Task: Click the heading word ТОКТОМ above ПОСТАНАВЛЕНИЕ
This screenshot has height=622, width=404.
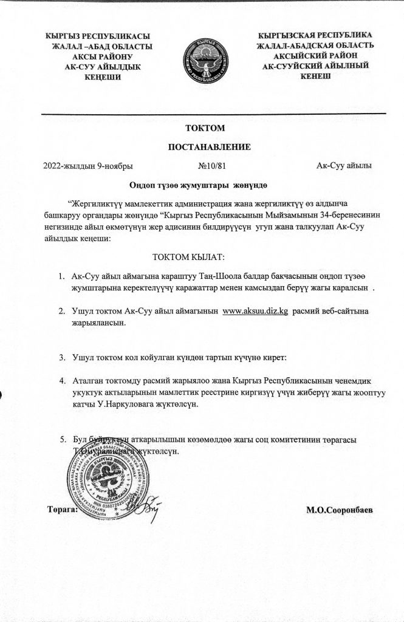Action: [204, 128]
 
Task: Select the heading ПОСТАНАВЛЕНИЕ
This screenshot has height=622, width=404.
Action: [204, 147]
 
